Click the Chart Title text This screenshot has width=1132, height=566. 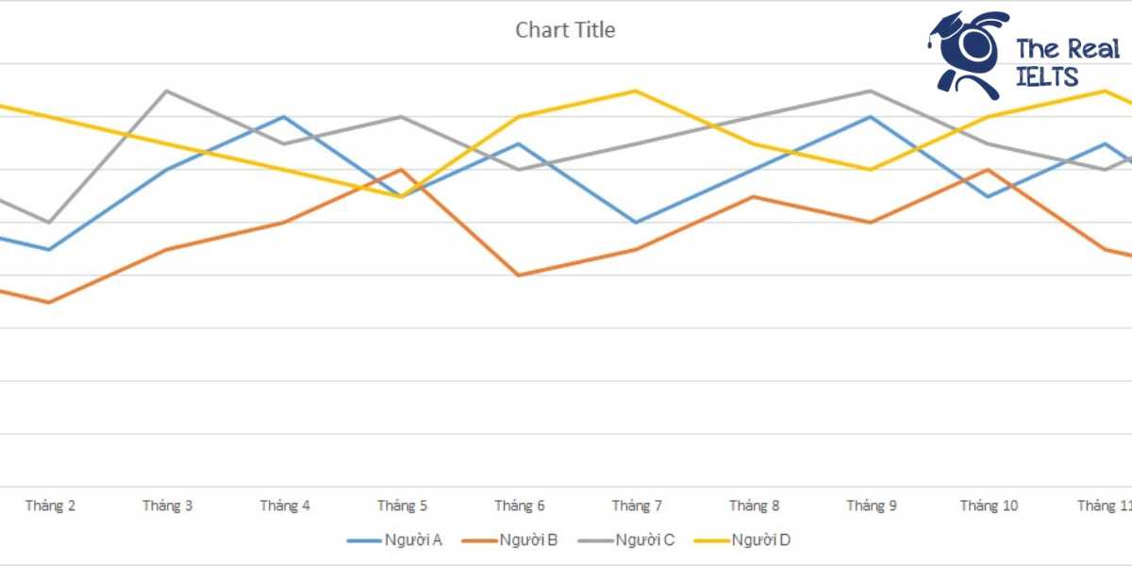coord(565,30)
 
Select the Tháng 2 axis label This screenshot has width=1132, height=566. coord(50,506)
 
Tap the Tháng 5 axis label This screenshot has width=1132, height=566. coord(402,506)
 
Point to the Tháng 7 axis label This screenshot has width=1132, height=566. coord(637,506)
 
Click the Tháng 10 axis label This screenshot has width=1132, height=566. coord(989,506)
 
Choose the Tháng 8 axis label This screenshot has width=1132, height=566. coord(754,506)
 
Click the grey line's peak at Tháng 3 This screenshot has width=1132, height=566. coord(167,92)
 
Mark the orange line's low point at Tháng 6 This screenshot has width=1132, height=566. coord(519,275)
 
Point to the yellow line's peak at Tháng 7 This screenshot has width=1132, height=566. coord(636,92)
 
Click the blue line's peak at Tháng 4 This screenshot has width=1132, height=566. coord(284,117)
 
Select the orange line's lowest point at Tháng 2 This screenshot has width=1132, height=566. coord(49,303)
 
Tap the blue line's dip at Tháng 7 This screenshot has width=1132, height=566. coord(636,223)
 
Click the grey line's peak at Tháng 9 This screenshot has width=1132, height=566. coord(871,92)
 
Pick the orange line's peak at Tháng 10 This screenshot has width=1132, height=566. coord(988,170)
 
